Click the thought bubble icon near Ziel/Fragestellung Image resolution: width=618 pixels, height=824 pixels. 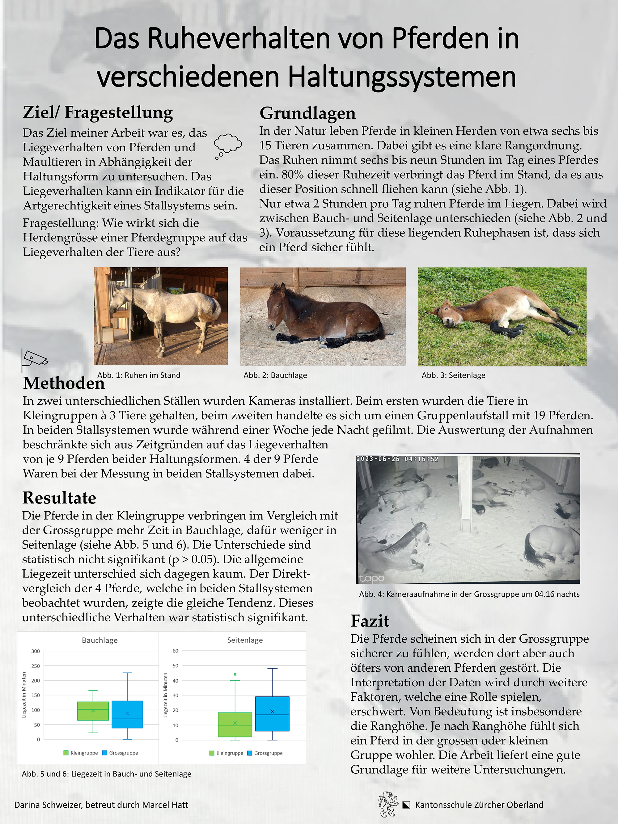tap(228, 146)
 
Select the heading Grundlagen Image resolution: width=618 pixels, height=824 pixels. tap(307, 113)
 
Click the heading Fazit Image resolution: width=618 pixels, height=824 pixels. tap(370, 621)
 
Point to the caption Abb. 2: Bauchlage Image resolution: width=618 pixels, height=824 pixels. tap(275, 375)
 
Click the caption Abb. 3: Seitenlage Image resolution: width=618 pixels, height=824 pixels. tap(453, 375)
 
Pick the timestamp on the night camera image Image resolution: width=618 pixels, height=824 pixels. tap(397, 459)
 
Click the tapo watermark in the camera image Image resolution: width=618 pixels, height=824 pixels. tap(371, 578)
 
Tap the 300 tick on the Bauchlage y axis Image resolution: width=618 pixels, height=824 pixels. tap(36, 651)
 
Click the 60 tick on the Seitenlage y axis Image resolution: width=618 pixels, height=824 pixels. tap(176, 651)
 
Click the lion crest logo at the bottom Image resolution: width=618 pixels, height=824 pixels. tap(388, 804)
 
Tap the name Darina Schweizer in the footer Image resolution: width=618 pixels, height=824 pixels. tap(48, 805)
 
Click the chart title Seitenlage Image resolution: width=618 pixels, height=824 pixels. tap(245, 640)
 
